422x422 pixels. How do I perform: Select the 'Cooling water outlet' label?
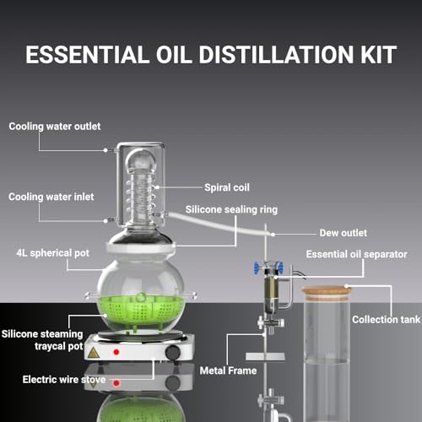(55, 127)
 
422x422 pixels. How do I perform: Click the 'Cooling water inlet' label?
(51, 196)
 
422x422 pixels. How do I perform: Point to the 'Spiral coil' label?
(227, 187)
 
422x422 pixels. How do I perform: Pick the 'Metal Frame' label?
(229, 369)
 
